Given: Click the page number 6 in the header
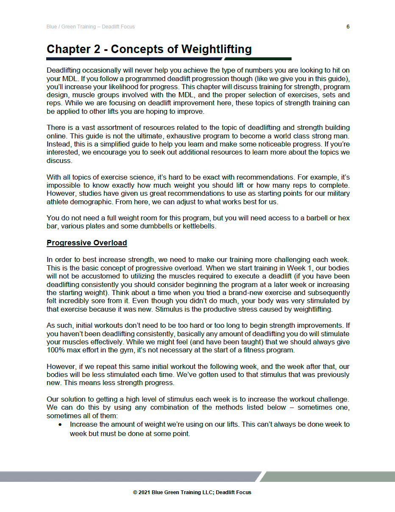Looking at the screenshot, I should click(x=348, y=27).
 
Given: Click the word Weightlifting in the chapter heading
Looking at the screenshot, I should click(x=217, y=49).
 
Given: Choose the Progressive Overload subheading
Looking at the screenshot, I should click(x=87, y=243).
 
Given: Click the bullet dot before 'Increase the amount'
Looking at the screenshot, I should click(x=62, y=425).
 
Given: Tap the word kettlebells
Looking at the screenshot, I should click(x=199, y=226).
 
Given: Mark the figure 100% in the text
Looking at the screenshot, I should click(x=56, y=351).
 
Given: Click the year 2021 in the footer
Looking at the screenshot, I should click(x=145, y=492).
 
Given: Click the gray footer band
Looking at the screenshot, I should click(x=127, y=476).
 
